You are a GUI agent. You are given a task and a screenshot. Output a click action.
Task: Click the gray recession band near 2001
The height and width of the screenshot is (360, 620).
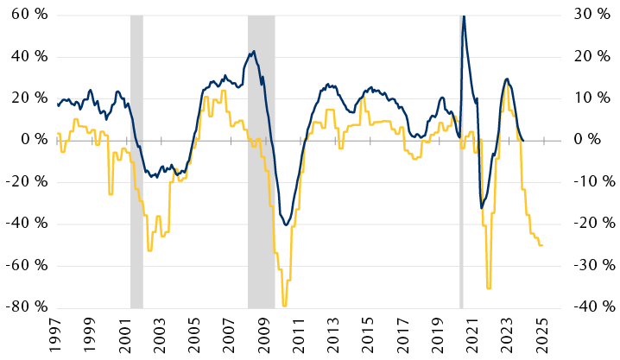(136, 161)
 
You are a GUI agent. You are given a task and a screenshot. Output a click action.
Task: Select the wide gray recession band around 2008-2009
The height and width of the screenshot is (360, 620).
(261, 161)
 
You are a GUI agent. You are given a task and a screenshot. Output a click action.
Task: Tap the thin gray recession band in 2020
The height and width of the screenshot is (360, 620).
(461, 161)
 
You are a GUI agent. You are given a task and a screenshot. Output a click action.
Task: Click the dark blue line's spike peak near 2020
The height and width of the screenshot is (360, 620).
(464, 16)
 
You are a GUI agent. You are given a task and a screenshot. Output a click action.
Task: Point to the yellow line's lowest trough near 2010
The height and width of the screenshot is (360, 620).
(284, 305)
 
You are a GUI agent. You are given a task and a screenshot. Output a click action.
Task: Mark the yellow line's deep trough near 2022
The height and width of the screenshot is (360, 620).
(489, 287)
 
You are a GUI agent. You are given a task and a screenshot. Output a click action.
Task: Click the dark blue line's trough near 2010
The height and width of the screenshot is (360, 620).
(286, 224)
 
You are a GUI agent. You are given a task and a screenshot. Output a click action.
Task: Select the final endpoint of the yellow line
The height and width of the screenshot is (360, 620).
(541, 246)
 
